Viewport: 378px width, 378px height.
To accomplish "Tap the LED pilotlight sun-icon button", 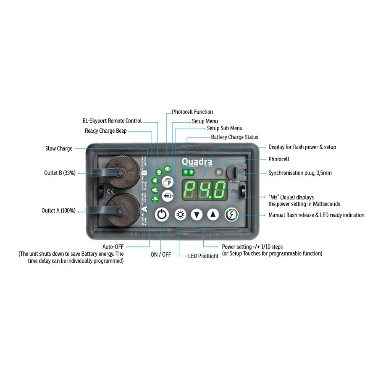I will click(x=181, y=215).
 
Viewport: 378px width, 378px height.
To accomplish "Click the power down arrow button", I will click(x=197, y=215).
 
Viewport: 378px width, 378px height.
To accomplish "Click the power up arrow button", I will click(x=213, y=215).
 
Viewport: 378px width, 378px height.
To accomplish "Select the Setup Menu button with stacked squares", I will click(x=168, y=182).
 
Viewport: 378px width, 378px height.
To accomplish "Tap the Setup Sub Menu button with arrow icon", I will click(x=168, y=196).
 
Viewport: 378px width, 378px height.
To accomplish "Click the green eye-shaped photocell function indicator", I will click(x=168, y=169).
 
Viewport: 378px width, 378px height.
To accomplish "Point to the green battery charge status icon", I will click(x=188, y=172).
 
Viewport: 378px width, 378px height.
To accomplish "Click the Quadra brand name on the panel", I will click(x=197, y=162).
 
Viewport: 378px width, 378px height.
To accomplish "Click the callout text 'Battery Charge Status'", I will click(x=235, y=137).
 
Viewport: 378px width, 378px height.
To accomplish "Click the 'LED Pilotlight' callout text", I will click(x=203, y=256).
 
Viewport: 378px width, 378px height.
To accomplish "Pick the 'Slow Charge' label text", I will click(x=59, y=148).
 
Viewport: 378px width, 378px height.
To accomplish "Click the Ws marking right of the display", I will click(x=234, y=192).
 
